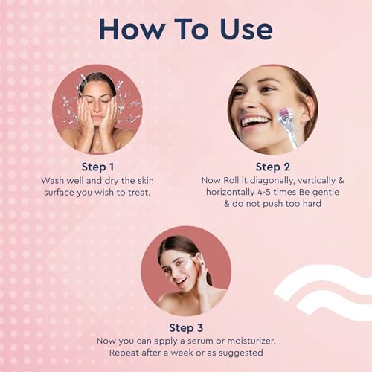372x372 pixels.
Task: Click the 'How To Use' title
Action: pos(186,29)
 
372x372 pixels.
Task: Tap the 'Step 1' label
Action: pos(97,167)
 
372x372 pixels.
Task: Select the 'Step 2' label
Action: pos(273,167)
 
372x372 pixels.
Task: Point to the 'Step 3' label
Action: pos(186,328)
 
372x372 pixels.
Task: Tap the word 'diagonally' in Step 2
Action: pos(272,181)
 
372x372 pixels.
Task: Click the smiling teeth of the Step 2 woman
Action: pos(255,121)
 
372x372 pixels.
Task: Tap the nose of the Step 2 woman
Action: pos(248,103)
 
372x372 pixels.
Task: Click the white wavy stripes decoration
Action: pos(323,292)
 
